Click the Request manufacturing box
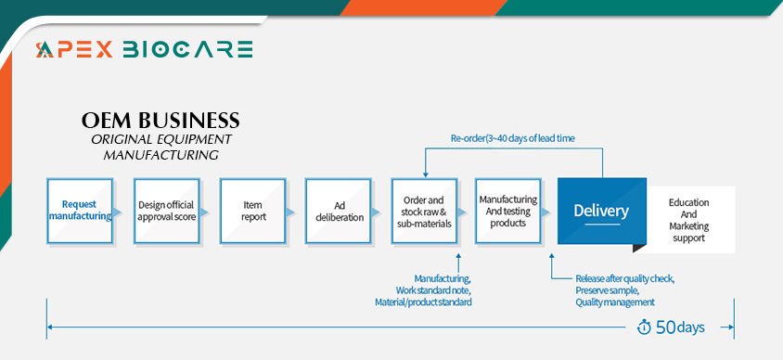pyautogui.click(x=80, y=211)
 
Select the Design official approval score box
pyautogui.click(x=166, y=211)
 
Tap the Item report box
pyautogui.click(x=252, y=211)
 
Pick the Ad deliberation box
pyautogui.click(x=339, y=211)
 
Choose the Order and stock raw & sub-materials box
pyautogui.click(x=425, y=211)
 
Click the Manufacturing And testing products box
pyautogui.click(x=508, y=211)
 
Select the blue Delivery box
pyautogui.click(x=602, y=211)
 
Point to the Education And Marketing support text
pyautogui.click(x=689, y=220)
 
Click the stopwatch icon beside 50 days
pyautogui.click(x=644, y=327)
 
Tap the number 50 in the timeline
pyautogui.click(x=666, y=327)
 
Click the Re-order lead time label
pyautogui.click(x=513, y=139)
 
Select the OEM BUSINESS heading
pyautogui.click(x=160, y=121)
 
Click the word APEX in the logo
pyautogui.click(x=74, y=49)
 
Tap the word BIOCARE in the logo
pyautogui.click(x=187, y=49)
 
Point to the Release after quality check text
pyautogui.click(x=625, y=278)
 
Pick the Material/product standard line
pyautogui.click(x=423, y=302)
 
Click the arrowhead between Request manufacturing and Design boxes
pyautogui.click(x=118, y=212)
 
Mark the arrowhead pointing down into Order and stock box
pyautogui.click(x=425, y=174)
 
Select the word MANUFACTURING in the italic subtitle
pyautogui.click(x=160, y=155)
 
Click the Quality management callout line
pyautogui.click(x=615, y=302)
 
